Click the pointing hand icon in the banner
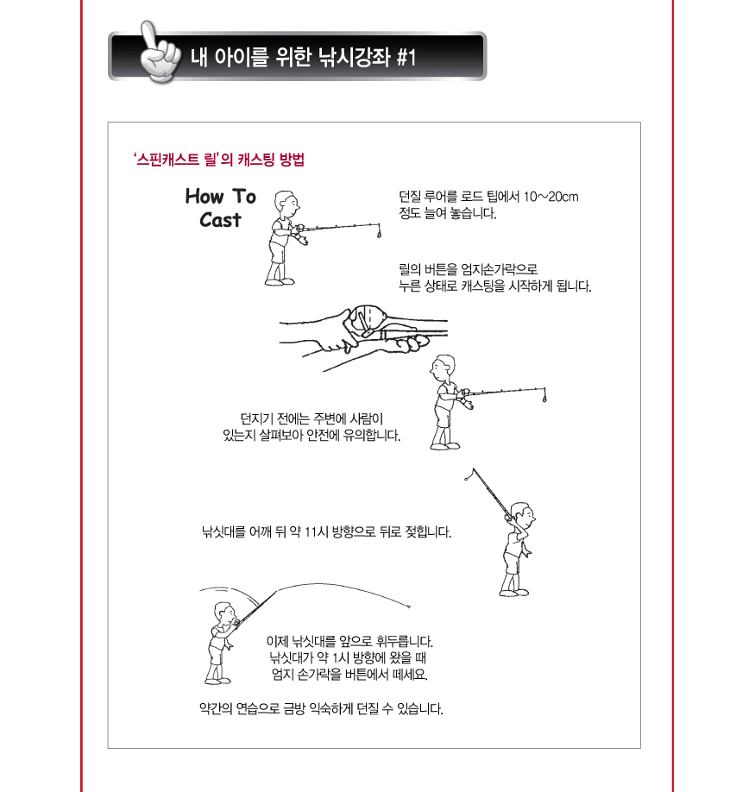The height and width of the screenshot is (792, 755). (x=159, y=53)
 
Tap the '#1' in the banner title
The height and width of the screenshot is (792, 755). (x=406, y=57)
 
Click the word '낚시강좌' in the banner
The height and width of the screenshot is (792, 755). (x=354, y=57)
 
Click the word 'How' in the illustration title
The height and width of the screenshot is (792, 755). (x=204, y=196)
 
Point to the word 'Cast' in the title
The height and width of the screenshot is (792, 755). (x=220, y=220)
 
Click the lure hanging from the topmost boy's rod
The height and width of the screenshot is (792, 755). (x=380, y=233)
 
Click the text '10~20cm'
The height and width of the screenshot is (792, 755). (x=551, y=197)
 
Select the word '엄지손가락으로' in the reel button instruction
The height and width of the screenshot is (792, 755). (x=500, y=269)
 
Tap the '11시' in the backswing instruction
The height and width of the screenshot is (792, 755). (x=316, y=531)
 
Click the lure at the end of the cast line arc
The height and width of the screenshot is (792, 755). (x=408, y=607)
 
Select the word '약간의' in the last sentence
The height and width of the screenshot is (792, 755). (x=217, y=708)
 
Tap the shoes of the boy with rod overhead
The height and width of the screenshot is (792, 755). (x=514, y=593)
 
